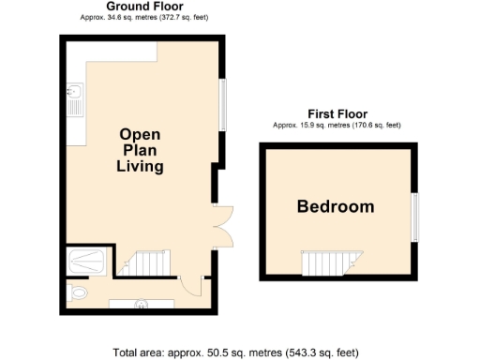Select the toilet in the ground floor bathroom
[79, 293]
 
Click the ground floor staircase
[149, 264]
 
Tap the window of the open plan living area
[223, 103]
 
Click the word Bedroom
[335, 207]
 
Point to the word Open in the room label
[140, 134]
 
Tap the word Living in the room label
[140, 168]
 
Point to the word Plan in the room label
[140, 151]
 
